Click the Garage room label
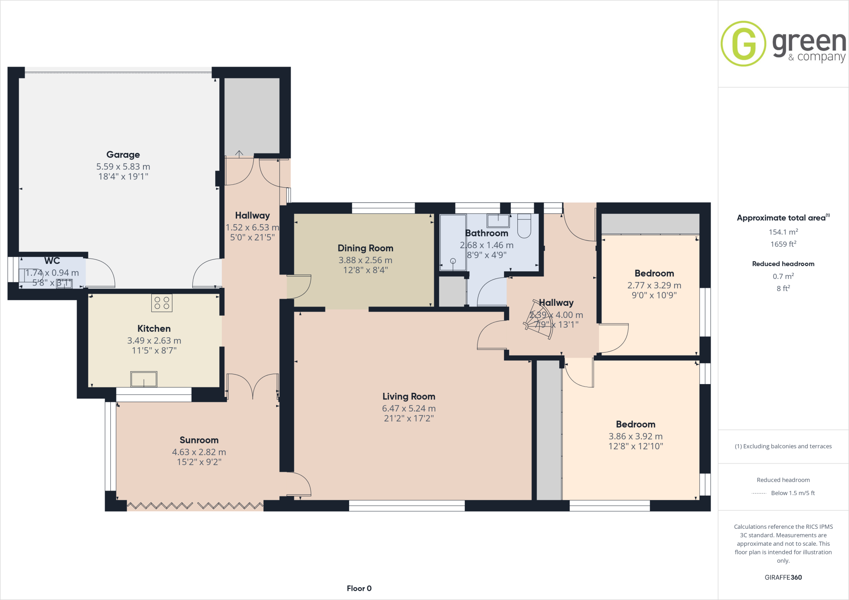pos(123,155)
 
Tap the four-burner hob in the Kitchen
pos(162,303)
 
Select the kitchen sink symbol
pos(144,379)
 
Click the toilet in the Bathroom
pos(524,225)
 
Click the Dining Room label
pos(365,248)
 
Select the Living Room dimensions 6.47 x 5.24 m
pos(409,409)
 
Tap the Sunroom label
pos(199,440)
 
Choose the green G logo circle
pos(743,44)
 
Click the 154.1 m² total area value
pos(783,232)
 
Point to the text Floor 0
pos(359,588)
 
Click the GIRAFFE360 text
pos(783,577)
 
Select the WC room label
pos(52,261)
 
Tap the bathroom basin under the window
pos(498,220)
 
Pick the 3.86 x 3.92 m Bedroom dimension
pos(636,436)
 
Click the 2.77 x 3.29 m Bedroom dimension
pos(654,285)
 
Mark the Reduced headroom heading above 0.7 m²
pos(783,264)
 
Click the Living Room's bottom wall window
pos(407,506)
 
